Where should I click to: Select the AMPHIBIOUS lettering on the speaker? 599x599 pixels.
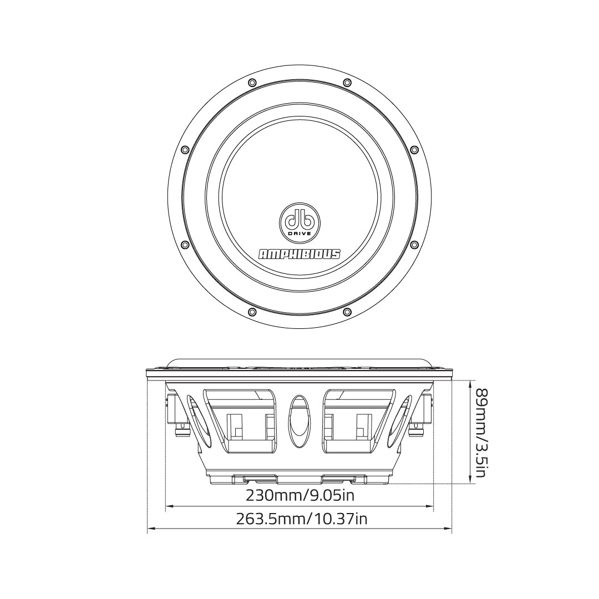pyautogui.click(x=300, y=254)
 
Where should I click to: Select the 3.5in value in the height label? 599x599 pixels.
pyautogui.click(x=480, y=456)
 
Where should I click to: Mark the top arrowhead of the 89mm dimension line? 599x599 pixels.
pyautogui.click(x=471, y=383)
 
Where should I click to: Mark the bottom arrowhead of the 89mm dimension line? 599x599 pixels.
pyautogui.click(x=471, y=481)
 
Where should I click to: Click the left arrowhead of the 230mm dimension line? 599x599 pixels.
pyautogui.click(x=169, y=506)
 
